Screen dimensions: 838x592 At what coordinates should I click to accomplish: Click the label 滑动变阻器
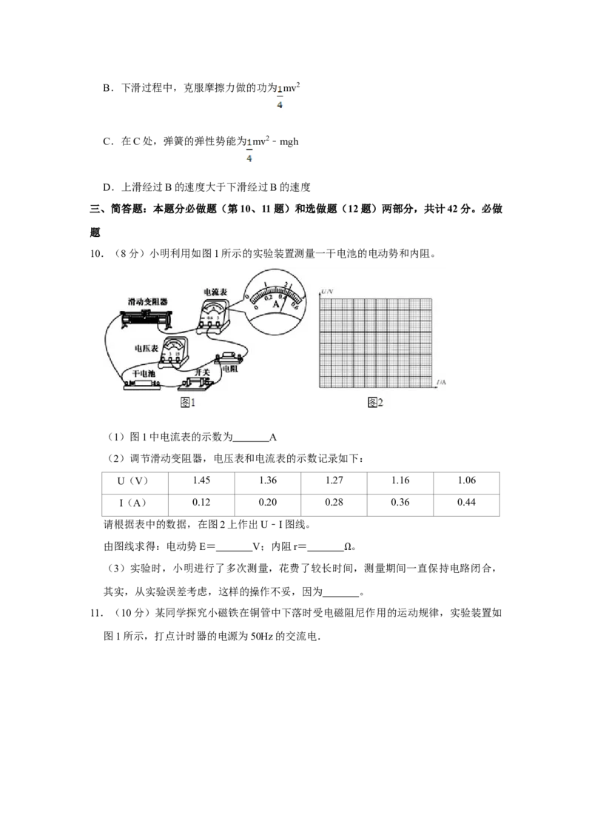(147, 302)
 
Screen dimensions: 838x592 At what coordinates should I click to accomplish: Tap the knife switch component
(198, 383)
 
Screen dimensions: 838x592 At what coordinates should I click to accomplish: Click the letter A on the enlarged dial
(275, 304)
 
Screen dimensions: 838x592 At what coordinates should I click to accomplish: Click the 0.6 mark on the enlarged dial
(295, 306)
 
